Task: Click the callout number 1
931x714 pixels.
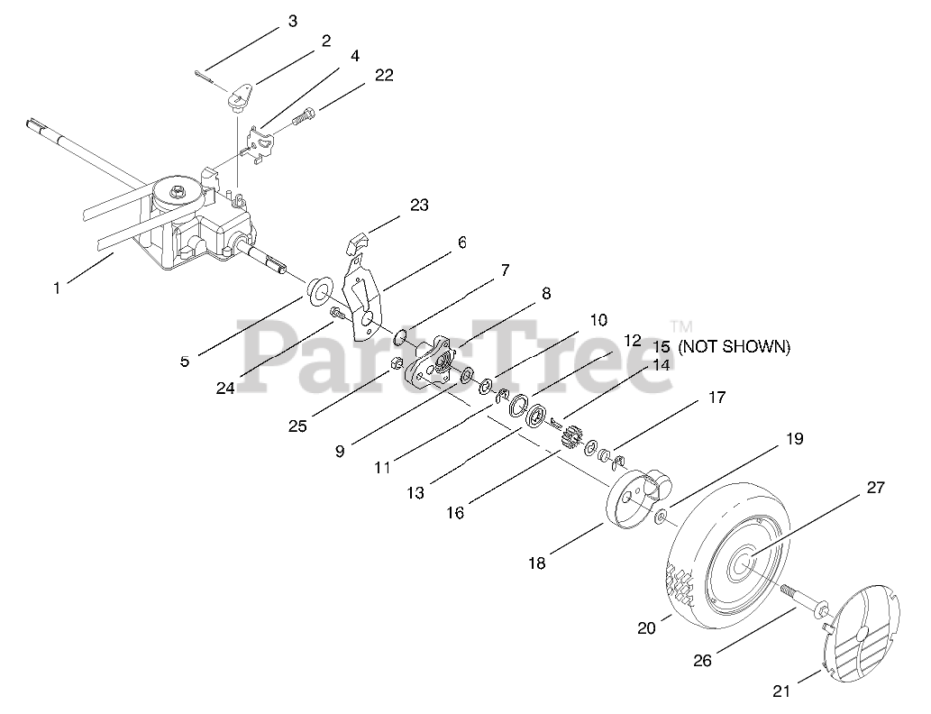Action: pyautogui.click(x=57, y=288)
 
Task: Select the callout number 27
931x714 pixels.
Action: pyautogui.click(x=875, y=488)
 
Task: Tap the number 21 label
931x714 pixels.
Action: pyautogui.click(x=781, y=691)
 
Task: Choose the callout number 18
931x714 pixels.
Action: pyautogui.click(x=537, y=563)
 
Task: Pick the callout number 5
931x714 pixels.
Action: pyautogui.click(x=185, y=361)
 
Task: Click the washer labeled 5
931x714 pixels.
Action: pyautogui.click(x=317, y=291)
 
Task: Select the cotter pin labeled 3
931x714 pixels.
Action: pyautogui.click(x=208, y=77)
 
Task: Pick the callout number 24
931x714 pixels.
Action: pyautogui.click(x=225, y=389)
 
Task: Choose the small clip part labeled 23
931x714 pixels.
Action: pyautogui.click(x=358, y=243)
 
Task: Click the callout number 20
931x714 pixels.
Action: pyautogui.click(x=646, y=627)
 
